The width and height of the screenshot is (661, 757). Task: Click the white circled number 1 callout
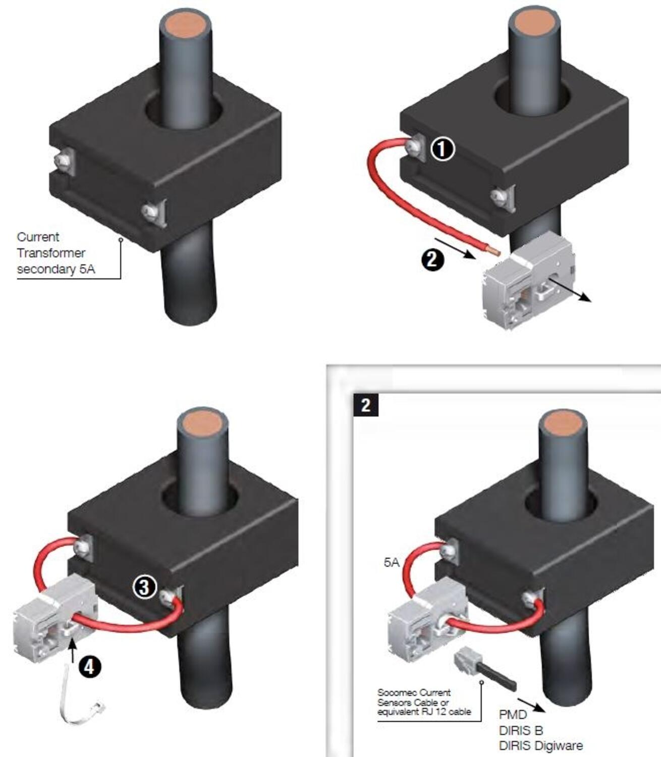(443, 149)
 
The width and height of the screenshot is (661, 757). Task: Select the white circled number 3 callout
(144, 587)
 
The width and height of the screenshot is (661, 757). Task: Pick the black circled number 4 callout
(89, 667)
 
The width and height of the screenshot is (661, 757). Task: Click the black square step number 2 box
(365, 405)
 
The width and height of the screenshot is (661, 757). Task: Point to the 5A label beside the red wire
(392, 562)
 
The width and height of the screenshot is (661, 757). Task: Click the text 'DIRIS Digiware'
(540, 745)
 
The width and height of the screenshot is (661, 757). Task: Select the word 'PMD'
(513, 715)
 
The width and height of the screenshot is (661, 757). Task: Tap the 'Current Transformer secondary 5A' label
(56, 253)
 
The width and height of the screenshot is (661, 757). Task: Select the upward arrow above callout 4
(74, 648)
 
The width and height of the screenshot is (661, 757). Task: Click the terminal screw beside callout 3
(169, 598)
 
